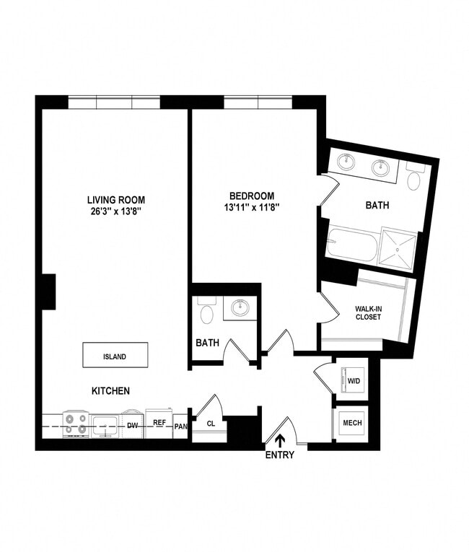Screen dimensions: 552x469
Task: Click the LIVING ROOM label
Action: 115,200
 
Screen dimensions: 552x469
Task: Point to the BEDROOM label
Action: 252,196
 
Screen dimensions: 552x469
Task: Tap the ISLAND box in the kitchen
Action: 115,356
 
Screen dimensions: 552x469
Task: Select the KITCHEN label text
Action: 110,391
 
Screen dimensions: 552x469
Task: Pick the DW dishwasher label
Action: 133,426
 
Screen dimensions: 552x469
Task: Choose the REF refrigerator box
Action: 159,424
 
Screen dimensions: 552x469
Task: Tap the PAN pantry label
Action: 180,426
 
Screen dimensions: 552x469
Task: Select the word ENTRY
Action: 280,455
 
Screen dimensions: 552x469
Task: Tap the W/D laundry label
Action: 354,380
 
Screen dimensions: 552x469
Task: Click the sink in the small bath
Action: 239,309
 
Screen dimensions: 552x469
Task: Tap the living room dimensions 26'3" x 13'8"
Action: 115,211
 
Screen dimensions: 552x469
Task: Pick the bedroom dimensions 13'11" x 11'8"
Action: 252,207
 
